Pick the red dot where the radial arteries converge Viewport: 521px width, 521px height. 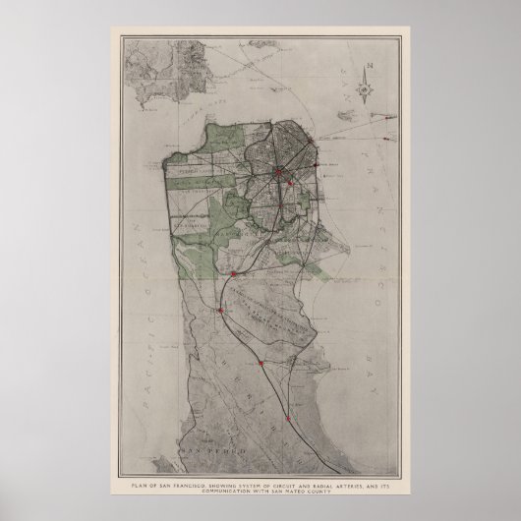(278, 173)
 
